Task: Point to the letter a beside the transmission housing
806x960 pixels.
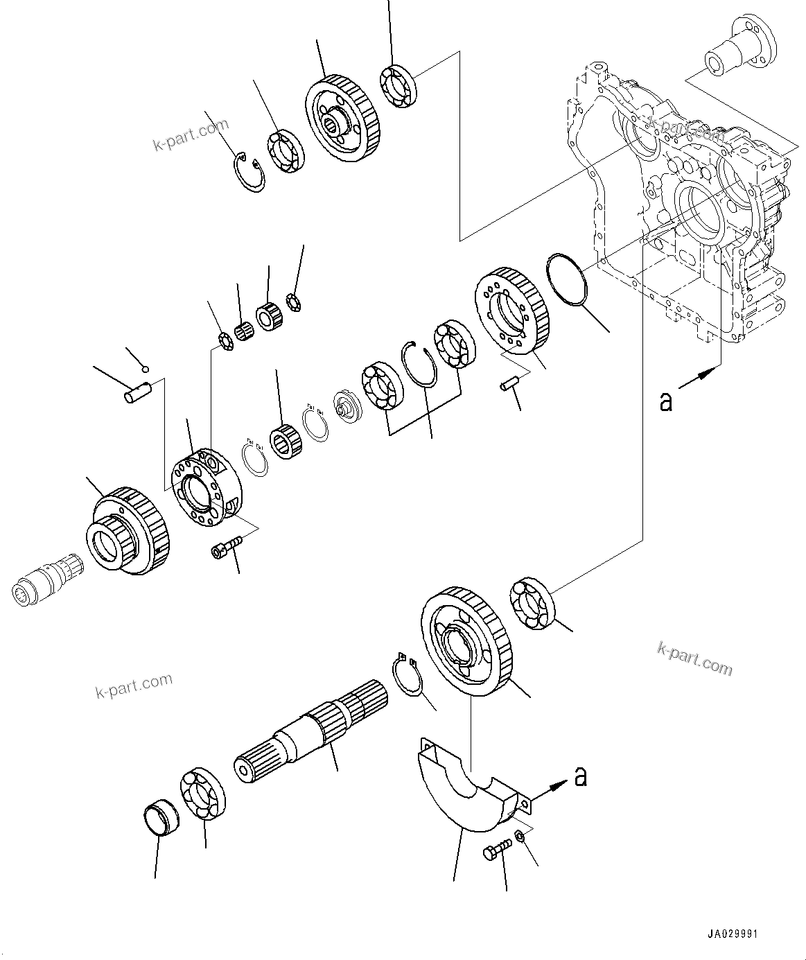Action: [x=666, y=401]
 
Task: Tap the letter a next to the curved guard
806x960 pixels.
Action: [x=581, y=776]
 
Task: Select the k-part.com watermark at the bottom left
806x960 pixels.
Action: [x=134, y=686]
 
